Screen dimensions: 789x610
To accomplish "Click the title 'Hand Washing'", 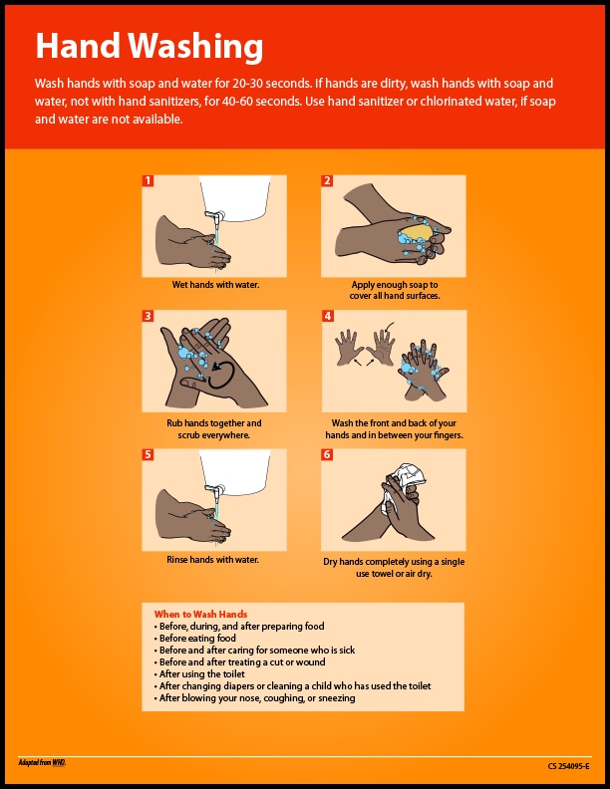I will tap(149, 45).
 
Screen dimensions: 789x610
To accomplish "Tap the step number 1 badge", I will tap(148, 181).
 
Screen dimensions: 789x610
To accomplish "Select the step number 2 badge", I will tap(327, 181).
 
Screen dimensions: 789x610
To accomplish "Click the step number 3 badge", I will tap(148, 316).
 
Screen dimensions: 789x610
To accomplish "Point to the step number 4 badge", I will tap(327, 316).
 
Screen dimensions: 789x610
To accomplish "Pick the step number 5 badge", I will tap(148, 454).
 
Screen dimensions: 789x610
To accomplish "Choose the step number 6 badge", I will tap(327, 454).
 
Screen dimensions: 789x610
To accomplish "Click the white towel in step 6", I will tap(410, 476).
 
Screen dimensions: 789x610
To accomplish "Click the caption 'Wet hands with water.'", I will tap(215, 285).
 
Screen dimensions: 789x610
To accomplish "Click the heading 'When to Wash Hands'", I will tap(200, 614).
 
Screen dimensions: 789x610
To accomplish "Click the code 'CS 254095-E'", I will tap(569, 766).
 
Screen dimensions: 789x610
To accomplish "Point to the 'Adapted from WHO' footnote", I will tap(41, 763).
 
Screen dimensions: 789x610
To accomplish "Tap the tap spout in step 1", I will tap(211, 213).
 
